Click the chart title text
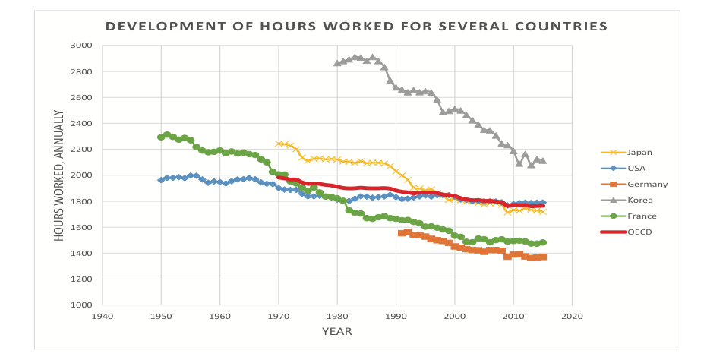coord(356,27)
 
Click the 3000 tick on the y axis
coord(82,46)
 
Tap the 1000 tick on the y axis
coord(82,305)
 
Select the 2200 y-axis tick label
coord(82,150)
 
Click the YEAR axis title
coord(336,332)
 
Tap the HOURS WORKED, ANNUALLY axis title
coord(59,175)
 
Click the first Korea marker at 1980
coord(337,63)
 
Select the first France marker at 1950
coord(161,137)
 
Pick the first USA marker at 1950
coord(161,180)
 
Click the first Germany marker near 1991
coord(402,233)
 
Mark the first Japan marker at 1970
coord(279,144)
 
